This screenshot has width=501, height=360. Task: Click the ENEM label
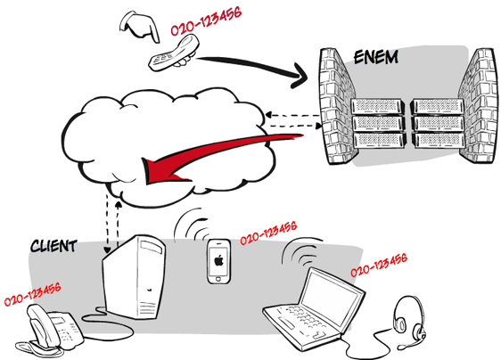point(376,57)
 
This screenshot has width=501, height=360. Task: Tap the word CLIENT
point(53,246)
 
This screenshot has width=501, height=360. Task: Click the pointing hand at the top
point(140,27)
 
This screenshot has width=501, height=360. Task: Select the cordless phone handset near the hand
point(174,53)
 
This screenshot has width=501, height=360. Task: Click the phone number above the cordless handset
point(206,21)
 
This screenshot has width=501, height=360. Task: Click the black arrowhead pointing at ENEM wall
point(299,76)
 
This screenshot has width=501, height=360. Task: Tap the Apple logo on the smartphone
point(218,260)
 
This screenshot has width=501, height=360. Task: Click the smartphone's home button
point(218,279)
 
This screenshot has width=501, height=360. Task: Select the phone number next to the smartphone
point(268,233)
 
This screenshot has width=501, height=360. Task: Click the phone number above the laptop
point(379,265)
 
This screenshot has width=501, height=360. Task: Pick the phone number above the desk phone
point(32,294)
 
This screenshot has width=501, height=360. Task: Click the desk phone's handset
point(42,324)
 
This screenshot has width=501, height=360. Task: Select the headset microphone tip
point(400,347)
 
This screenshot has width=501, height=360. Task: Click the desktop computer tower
point(135,277)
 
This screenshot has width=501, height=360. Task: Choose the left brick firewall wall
point(338,106)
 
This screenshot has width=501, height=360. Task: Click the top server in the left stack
point(377,106)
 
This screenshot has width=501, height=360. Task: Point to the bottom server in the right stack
point(438,140)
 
